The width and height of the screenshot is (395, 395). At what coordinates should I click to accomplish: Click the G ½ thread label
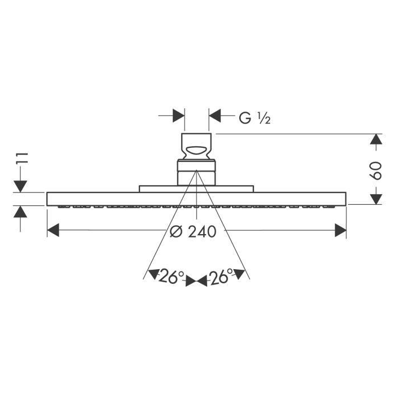point(254,118)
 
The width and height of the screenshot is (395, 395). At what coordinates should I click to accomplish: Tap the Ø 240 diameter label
point(193,231)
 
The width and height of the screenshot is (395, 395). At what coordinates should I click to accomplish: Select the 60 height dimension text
point(376,170)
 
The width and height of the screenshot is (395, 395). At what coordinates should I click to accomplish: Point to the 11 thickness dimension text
point(21,158)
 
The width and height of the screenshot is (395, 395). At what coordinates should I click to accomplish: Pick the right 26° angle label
point(221,276)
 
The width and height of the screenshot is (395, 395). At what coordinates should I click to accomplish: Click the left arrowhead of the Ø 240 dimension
point(53,230)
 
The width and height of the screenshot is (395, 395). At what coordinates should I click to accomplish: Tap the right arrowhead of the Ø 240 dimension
point(340,230)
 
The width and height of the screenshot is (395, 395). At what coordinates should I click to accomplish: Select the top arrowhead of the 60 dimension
point(376,139)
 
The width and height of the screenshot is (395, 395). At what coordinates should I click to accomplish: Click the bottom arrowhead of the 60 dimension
point(376,199)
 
